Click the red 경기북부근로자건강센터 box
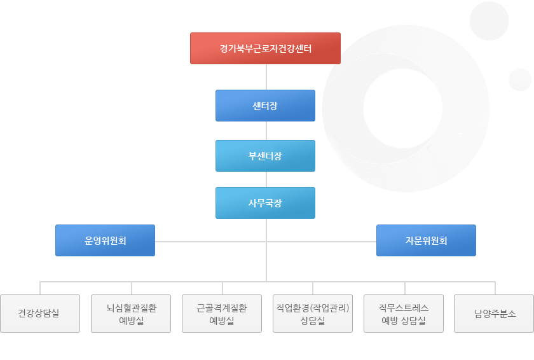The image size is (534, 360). click(265, 48)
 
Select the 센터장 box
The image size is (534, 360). click(265, 106)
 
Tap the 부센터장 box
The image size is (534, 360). click(265, 156)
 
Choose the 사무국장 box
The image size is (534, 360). click(265, 203)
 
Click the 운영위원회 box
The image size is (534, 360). click(106, 240)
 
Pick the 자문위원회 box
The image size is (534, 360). click(426, 240)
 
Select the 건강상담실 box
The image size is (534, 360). click(40, 314)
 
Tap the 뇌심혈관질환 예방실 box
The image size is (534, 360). click(131, 314)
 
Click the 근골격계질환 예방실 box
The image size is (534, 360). click(222, 314)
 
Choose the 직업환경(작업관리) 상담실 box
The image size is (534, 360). click(313, 314)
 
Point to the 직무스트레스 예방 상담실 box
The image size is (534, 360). click(404, 314)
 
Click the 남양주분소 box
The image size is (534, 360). click(494, 314)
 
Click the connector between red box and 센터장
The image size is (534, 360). click(266, 77)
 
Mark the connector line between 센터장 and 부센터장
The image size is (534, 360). click(266, 130)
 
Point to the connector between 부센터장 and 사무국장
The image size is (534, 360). click(266, 179)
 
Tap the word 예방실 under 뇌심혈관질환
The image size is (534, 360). click(131, 321)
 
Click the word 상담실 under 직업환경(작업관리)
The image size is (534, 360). click(313, 321)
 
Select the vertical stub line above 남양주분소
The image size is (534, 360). click(495, 288)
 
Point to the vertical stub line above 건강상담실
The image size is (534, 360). click(40, 288)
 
